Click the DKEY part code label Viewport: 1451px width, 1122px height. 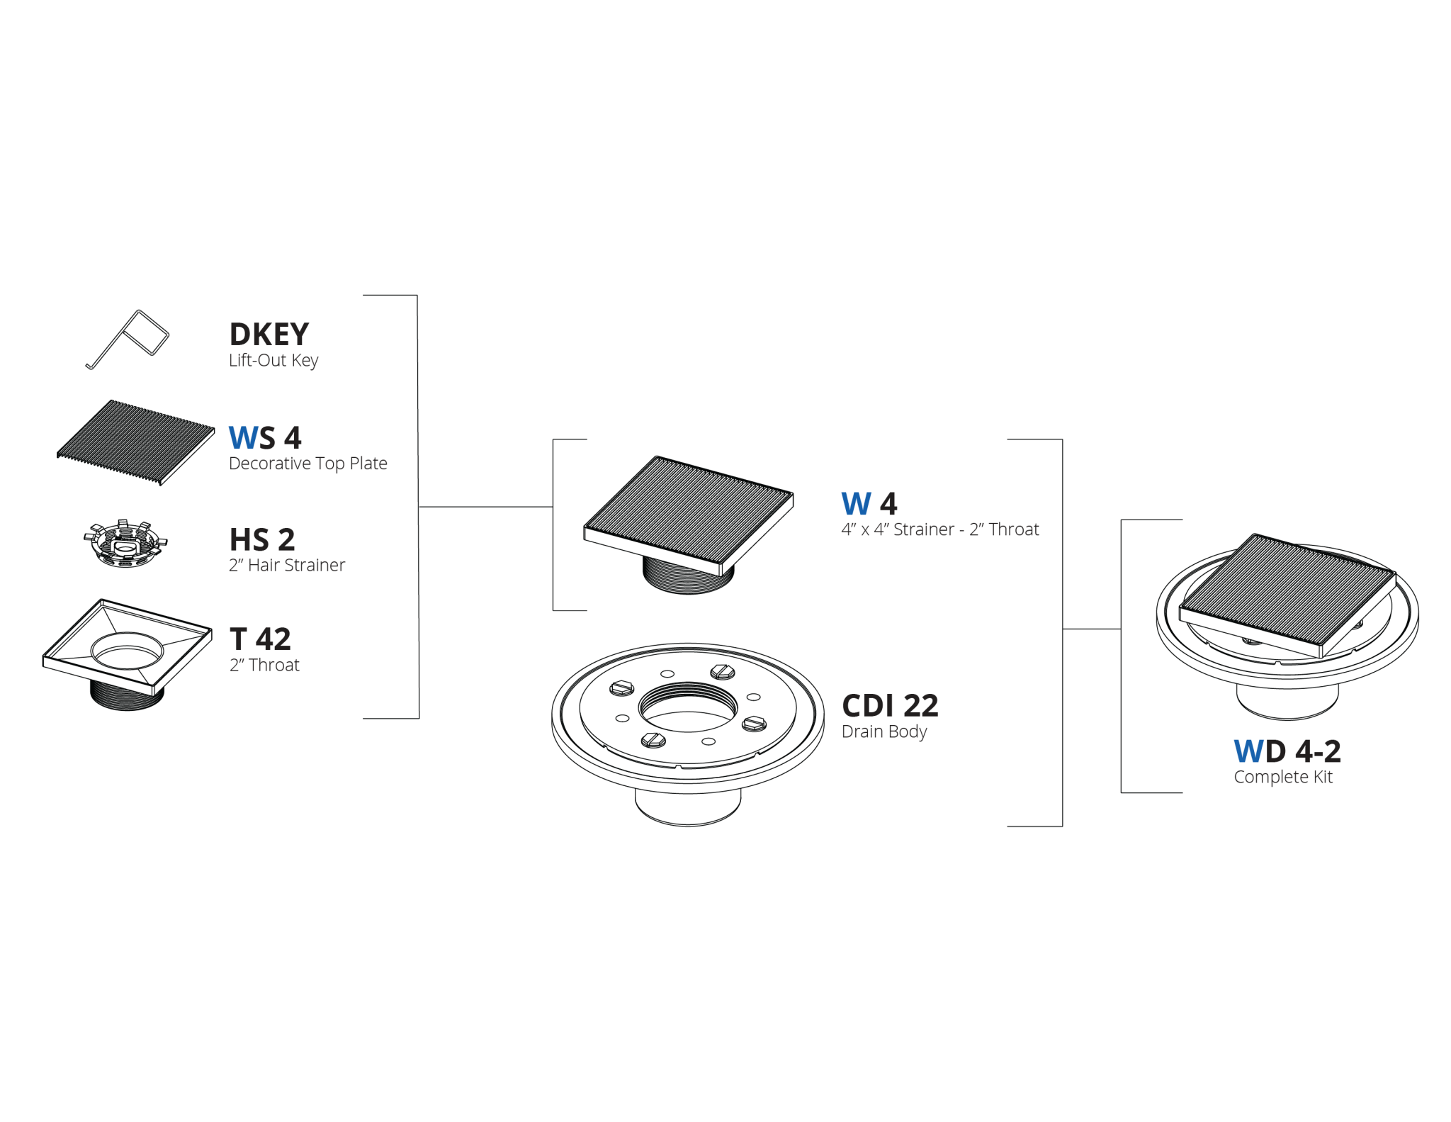point(269,334)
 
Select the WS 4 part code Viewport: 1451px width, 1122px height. point(265,438)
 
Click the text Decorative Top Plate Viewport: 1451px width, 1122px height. point(308,464)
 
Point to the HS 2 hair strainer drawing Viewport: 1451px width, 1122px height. point(125,544)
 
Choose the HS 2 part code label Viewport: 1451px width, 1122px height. point(262,540)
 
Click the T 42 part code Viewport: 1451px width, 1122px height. point(260,639)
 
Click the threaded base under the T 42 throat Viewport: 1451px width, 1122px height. point(127,695)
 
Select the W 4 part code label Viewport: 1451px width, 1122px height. point(869,504)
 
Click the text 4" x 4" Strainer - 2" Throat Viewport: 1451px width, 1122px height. point(940,529)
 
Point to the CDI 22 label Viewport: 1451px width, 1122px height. point(890,706)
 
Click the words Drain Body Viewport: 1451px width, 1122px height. point(884,731)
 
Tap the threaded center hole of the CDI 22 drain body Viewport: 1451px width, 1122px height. point(688,707)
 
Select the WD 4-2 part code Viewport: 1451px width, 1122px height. point(1287,751)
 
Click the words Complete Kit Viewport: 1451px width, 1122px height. point(1283,778)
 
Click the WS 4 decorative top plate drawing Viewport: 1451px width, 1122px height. point(136,442)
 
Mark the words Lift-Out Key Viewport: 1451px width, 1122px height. point(273,360)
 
